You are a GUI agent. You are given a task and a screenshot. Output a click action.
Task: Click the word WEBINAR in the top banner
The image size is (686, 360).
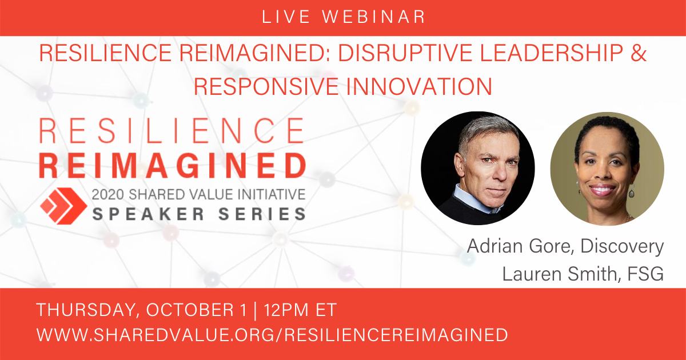[374, 17]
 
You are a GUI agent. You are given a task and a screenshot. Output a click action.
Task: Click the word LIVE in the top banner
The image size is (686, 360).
[286, 17]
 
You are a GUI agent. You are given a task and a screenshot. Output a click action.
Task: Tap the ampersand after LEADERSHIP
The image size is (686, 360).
[639, 53]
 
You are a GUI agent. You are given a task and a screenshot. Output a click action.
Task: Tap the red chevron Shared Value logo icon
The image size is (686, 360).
[63, 206]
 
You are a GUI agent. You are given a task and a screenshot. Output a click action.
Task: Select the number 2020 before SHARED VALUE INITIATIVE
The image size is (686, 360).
[108, 195]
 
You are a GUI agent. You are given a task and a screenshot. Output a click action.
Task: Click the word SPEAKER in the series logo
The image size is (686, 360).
[148, 214]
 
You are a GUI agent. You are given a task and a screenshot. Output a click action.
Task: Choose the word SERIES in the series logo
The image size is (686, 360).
[262, 214]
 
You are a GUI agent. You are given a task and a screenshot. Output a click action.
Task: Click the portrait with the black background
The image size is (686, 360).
[478, 168]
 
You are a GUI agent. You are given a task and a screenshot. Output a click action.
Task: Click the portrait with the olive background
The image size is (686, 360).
[607, 169]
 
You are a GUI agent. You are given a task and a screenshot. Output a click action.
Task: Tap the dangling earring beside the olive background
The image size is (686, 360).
[632, 191]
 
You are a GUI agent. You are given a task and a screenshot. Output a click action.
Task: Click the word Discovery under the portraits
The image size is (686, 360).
[622, 246]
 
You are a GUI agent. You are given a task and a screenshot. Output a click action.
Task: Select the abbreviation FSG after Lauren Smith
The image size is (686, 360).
[645, 274]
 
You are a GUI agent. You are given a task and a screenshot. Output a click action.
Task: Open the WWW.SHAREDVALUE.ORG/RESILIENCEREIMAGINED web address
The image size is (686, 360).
[272, 335]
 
